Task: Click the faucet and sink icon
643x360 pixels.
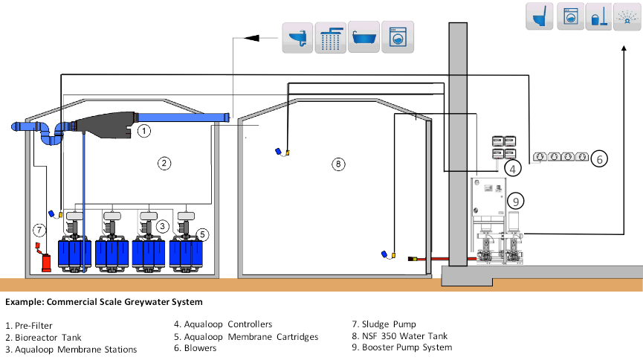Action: (x=297, y=36)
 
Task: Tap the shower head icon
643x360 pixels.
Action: (x=331, y=36)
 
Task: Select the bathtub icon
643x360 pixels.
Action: (x=364, y=36)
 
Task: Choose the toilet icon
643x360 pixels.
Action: (x=540, y=17)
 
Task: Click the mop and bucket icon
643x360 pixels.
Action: (x=600, y=17)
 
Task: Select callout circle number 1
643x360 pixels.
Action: (x=144, y=131)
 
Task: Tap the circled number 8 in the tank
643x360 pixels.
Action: (x=338, y=164)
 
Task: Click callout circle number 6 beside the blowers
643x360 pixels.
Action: (x=599, y=158)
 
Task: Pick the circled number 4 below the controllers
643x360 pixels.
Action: (x=511, y=169)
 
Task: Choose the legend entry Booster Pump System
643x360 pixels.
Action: (x=401, y=347)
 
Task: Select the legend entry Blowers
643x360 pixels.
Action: (x=196, y=347)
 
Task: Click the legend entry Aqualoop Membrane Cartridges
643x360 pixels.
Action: (x=245, y=336)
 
